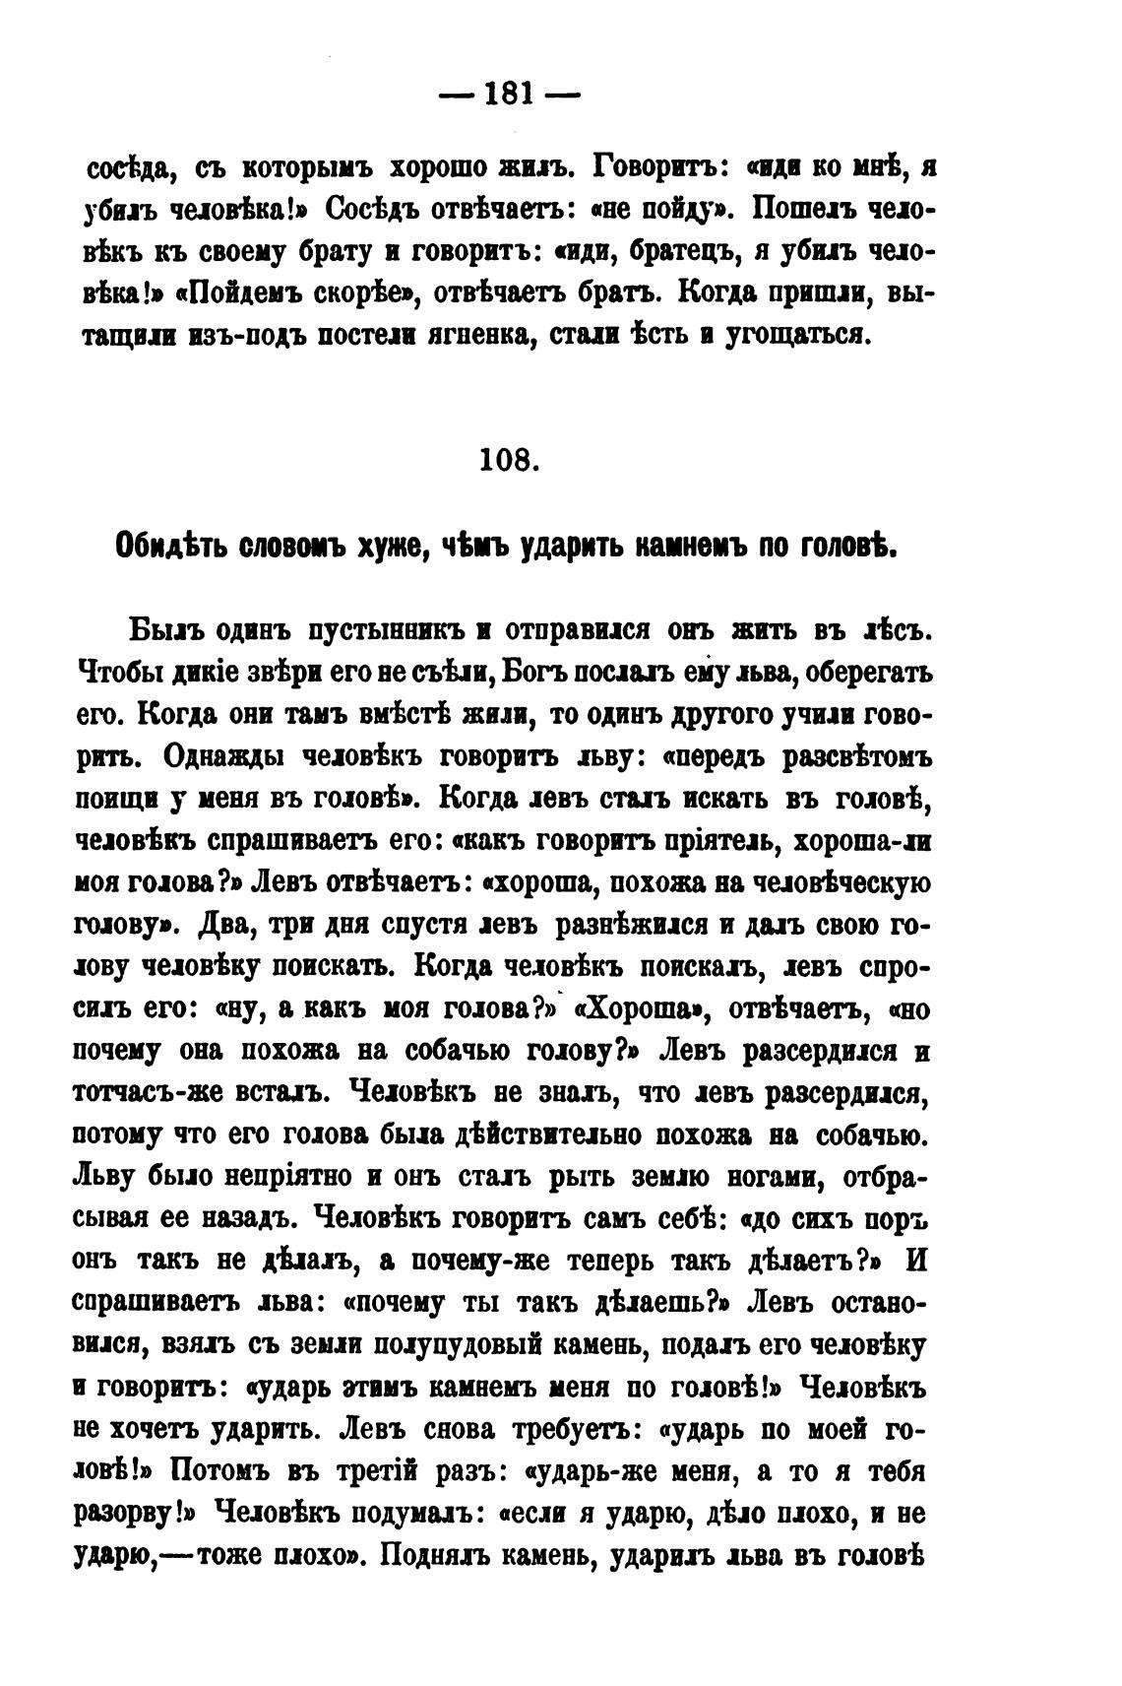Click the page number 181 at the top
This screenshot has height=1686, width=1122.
click(509, 95)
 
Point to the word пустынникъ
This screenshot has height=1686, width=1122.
click(379, 629)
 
